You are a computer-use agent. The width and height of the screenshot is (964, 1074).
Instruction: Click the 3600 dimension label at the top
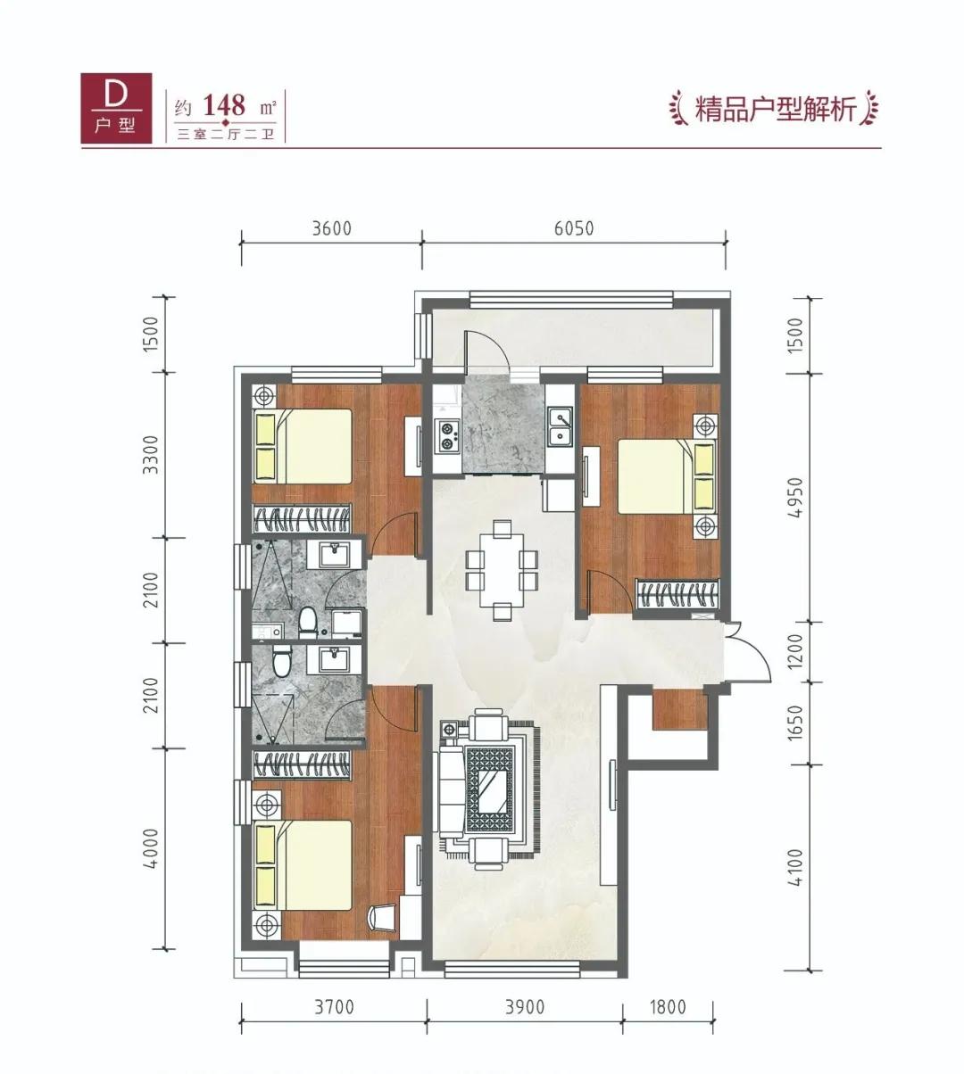click(332, 227)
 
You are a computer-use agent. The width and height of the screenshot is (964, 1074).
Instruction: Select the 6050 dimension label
click(573, 227)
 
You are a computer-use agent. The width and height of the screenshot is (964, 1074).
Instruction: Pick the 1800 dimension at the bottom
click(667, 1007)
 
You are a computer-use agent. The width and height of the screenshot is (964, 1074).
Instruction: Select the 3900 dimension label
click(524, 1007)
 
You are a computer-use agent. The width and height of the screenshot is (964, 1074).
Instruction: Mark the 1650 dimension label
click(797, 723)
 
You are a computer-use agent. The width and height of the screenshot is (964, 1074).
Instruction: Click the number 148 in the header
click(224, 106)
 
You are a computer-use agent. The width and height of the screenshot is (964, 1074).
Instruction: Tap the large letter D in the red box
click(114, 94)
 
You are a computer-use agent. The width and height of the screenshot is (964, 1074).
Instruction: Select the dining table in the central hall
click(501, 571)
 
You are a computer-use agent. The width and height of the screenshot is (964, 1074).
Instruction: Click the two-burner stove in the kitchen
click(445, 436)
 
